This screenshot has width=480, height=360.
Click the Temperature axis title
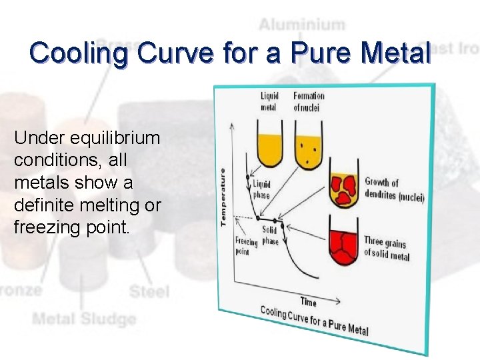point(224,195)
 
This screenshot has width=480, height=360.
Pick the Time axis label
point(308,302)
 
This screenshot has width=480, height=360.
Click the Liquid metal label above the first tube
point(269,101)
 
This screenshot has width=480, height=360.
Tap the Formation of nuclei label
point(309,101)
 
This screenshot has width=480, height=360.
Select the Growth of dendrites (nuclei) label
point(394,190)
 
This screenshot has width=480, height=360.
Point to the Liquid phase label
point(261,189)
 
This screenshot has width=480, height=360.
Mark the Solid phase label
point(270,235)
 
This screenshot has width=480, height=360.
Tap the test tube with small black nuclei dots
point(307,150)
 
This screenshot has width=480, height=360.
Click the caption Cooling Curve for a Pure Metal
point(314,320)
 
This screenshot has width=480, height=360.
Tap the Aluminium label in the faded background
point(302,25)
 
